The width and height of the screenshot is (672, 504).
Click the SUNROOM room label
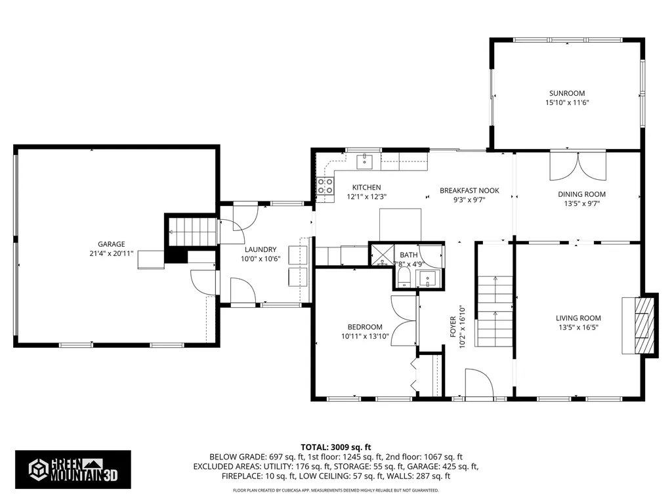[567, 93]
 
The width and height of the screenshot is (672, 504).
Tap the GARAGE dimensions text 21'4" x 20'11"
[107, 254]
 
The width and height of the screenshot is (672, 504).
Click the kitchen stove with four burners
[325, 186]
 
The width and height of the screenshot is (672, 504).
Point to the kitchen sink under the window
[364, 161]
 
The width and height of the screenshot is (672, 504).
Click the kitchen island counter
[400, 224]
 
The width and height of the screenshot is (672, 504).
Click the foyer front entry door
[479, 387]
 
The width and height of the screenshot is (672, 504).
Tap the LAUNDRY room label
[261, 249]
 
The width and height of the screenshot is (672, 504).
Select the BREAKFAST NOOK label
[469, 191]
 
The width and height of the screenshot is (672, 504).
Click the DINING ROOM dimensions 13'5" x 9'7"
[581, 203]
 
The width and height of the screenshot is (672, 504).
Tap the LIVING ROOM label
[579, 318]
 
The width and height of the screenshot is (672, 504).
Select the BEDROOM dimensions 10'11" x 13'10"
[365, 336]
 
